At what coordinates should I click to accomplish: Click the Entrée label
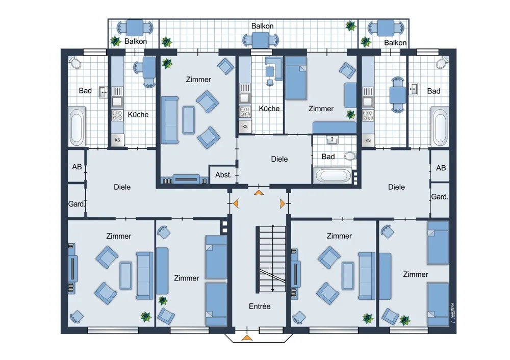(260, 306)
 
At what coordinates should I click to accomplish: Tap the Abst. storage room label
(223, 175)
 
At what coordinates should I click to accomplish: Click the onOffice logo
(452, 313)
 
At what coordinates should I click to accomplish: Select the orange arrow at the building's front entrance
(247, 338)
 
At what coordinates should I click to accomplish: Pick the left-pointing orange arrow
(236, 203)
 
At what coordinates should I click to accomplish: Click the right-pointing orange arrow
(283, 203)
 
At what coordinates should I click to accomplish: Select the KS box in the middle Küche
(245, 126)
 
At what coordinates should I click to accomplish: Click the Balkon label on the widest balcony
(262, 26)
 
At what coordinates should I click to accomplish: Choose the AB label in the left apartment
(77, 167)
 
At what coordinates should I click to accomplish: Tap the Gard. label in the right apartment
(440, 197)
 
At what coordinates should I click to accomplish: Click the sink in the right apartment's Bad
(414, 89)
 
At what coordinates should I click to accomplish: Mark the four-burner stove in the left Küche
(117, 115)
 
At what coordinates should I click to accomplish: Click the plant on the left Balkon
(115, 41)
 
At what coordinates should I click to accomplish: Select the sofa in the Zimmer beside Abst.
(170, 120)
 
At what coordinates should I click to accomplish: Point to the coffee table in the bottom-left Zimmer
(126, 275)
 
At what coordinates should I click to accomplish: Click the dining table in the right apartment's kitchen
(398, 95)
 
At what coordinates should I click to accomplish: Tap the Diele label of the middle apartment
(279, 159)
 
